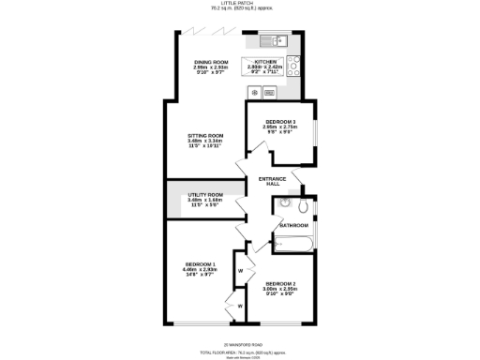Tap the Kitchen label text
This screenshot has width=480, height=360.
click(263, 62)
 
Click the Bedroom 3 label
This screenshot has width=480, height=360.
click(280, 123)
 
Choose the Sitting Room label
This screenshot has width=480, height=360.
click(205, 135)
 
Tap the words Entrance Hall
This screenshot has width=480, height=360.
click(273, 180)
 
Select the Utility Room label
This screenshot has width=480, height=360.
click(204, 194)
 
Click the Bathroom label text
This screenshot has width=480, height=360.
click(292, 226)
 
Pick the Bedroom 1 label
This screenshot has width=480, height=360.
click(200, 264)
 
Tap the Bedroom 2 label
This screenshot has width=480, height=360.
click(280, 283)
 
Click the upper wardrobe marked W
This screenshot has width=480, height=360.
click(240, 271)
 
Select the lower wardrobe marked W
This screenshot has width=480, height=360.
click(240, 305)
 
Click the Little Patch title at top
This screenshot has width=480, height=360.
click(240, 5)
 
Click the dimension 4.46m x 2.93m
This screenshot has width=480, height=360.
click(200, 270)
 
